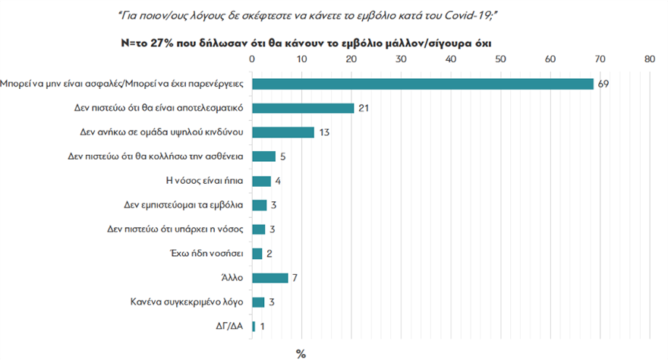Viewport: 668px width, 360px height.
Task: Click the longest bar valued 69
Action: pos(422,84)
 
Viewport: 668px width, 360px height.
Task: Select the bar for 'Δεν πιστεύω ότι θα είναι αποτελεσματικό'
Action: pos(303,108)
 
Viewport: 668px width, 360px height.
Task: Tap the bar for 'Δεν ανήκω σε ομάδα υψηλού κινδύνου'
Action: pos(282,132)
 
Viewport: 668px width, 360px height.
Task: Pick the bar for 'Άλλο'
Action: pos(269,277)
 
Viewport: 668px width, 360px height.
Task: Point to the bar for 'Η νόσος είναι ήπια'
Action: pos(261,181)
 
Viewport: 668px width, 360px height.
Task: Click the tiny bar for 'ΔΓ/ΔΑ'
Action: pos(254,326)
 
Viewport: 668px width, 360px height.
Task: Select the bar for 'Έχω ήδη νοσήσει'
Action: pos(257,253)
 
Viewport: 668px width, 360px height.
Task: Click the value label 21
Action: pos(364,108)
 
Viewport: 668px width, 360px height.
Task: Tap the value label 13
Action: pos(324,132)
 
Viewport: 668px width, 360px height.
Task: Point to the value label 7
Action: pos(295,277)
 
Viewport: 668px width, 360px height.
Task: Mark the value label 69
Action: pos(603,84)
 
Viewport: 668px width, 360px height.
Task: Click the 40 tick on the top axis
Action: pos(450,58)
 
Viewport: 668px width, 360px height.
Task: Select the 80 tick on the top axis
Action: pos(648,58)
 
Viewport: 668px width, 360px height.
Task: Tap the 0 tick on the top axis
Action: pos(252,58)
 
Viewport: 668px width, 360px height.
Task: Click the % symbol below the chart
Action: pos(301,353)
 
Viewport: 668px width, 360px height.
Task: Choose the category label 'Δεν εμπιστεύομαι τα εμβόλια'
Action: pos(183,205)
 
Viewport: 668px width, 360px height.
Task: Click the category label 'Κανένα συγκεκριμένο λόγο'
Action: pos(187,302)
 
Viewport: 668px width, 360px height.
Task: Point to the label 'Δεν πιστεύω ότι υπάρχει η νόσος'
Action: pos(176,229)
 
